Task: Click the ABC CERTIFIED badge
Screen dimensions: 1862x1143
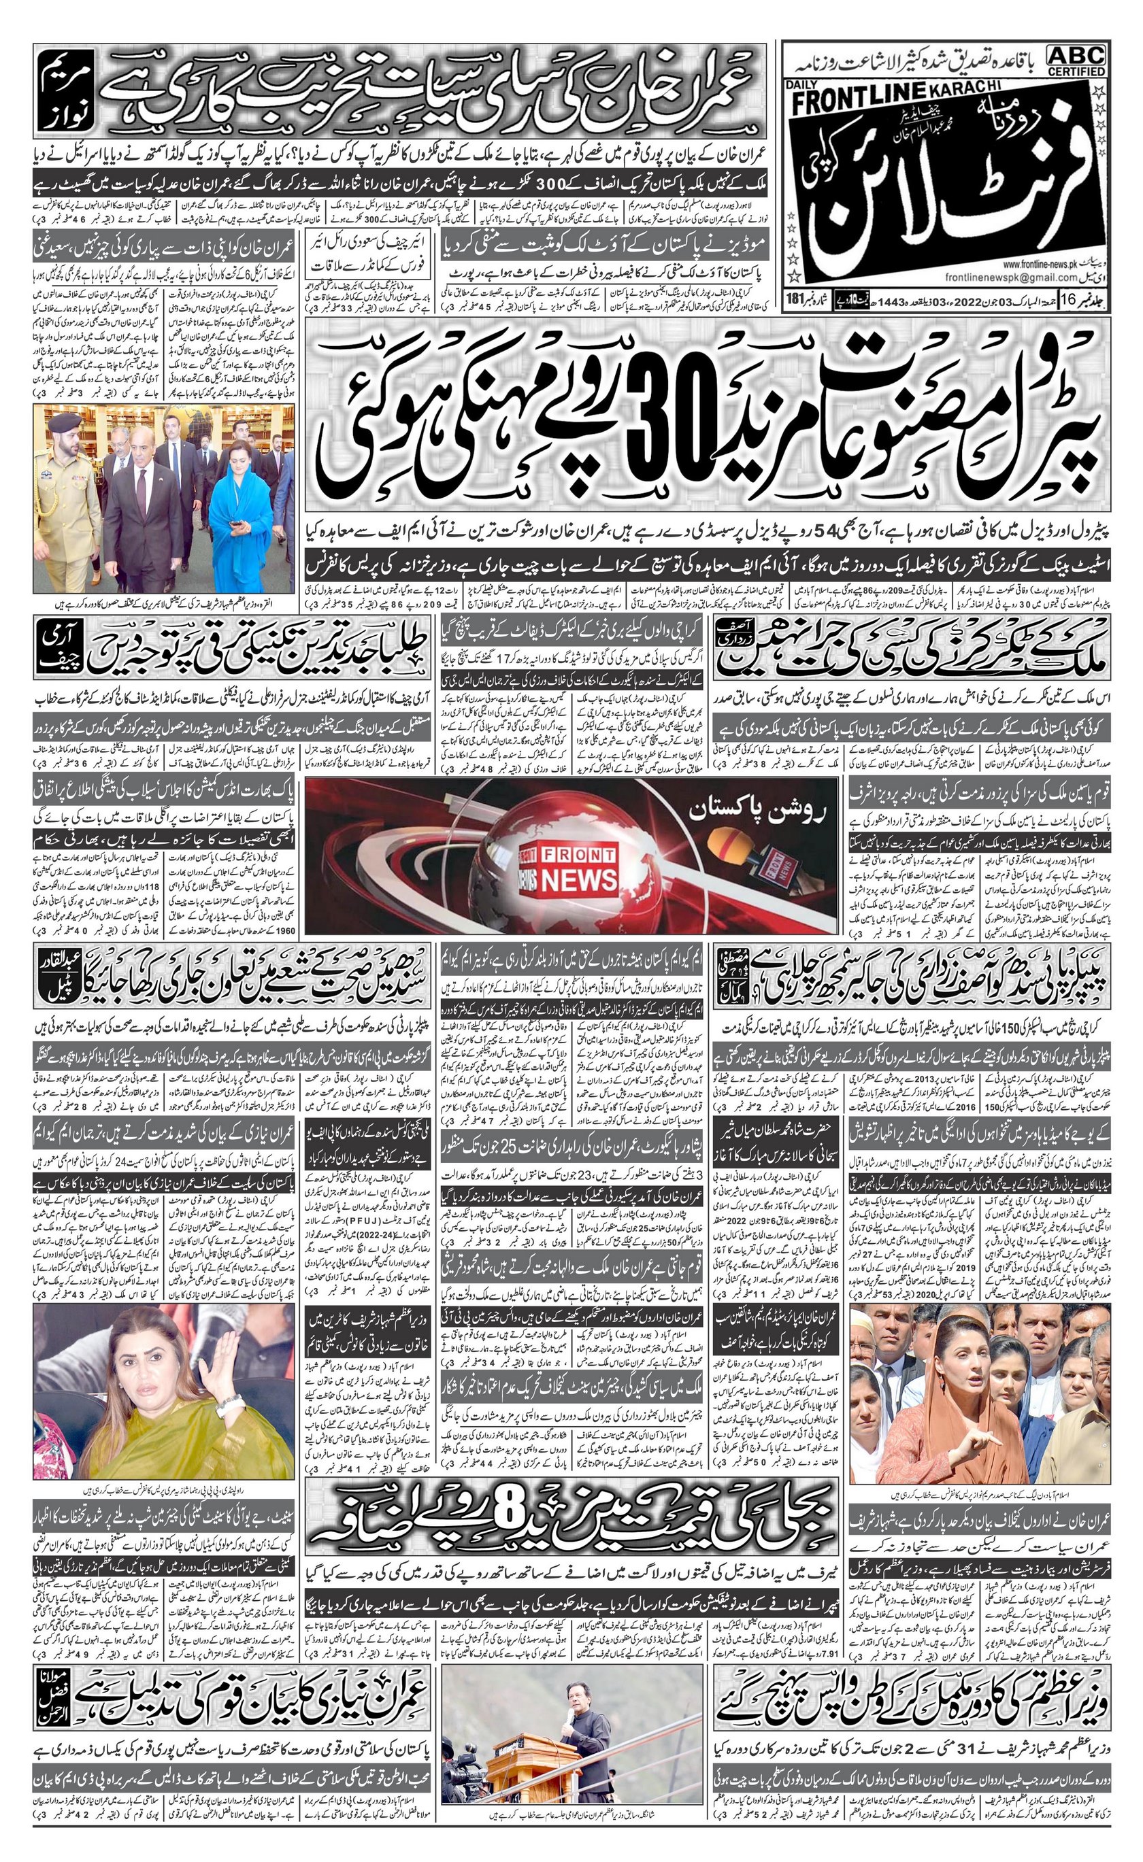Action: pyautogui.click(x=1076, y=60)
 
